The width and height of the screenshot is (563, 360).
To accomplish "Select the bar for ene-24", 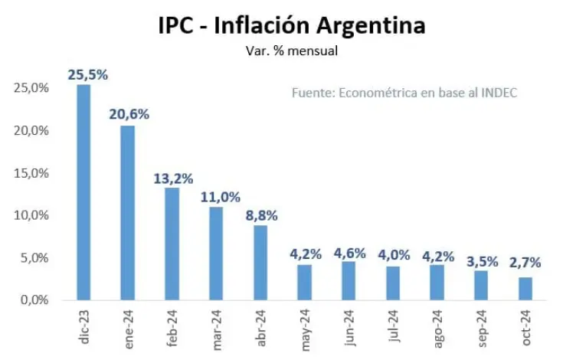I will click(x=128, y=212).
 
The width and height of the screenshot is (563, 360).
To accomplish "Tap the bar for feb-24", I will click(x=172, y=244).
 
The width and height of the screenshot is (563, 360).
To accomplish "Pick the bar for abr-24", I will click(x=260, y=262).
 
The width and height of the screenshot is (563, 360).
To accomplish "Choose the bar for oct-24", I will click(x=525, y=288).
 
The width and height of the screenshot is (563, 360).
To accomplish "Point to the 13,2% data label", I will click(x=172, y=178).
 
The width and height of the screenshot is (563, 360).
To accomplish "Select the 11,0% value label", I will click(x=217, y=197).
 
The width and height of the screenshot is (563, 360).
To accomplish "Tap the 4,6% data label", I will click(x=349, y=253).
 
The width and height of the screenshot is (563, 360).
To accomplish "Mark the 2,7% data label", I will click(x=525, y=262).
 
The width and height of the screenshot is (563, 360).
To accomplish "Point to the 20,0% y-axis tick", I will click(x=32, y=130).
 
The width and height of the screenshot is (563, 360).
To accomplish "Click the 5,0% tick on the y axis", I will click(x=34, y=257).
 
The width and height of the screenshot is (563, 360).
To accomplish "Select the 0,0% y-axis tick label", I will click(x=34, y=299).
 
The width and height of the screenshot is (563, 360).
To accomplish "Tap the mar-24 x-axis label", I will click(x=217, y=327).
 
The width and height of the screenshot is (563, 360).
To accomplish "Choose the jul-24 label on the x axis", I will click(x=394, y=328).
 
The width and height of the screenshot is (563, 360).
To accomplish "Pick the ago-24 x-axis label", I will click(x=437, y=327).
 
